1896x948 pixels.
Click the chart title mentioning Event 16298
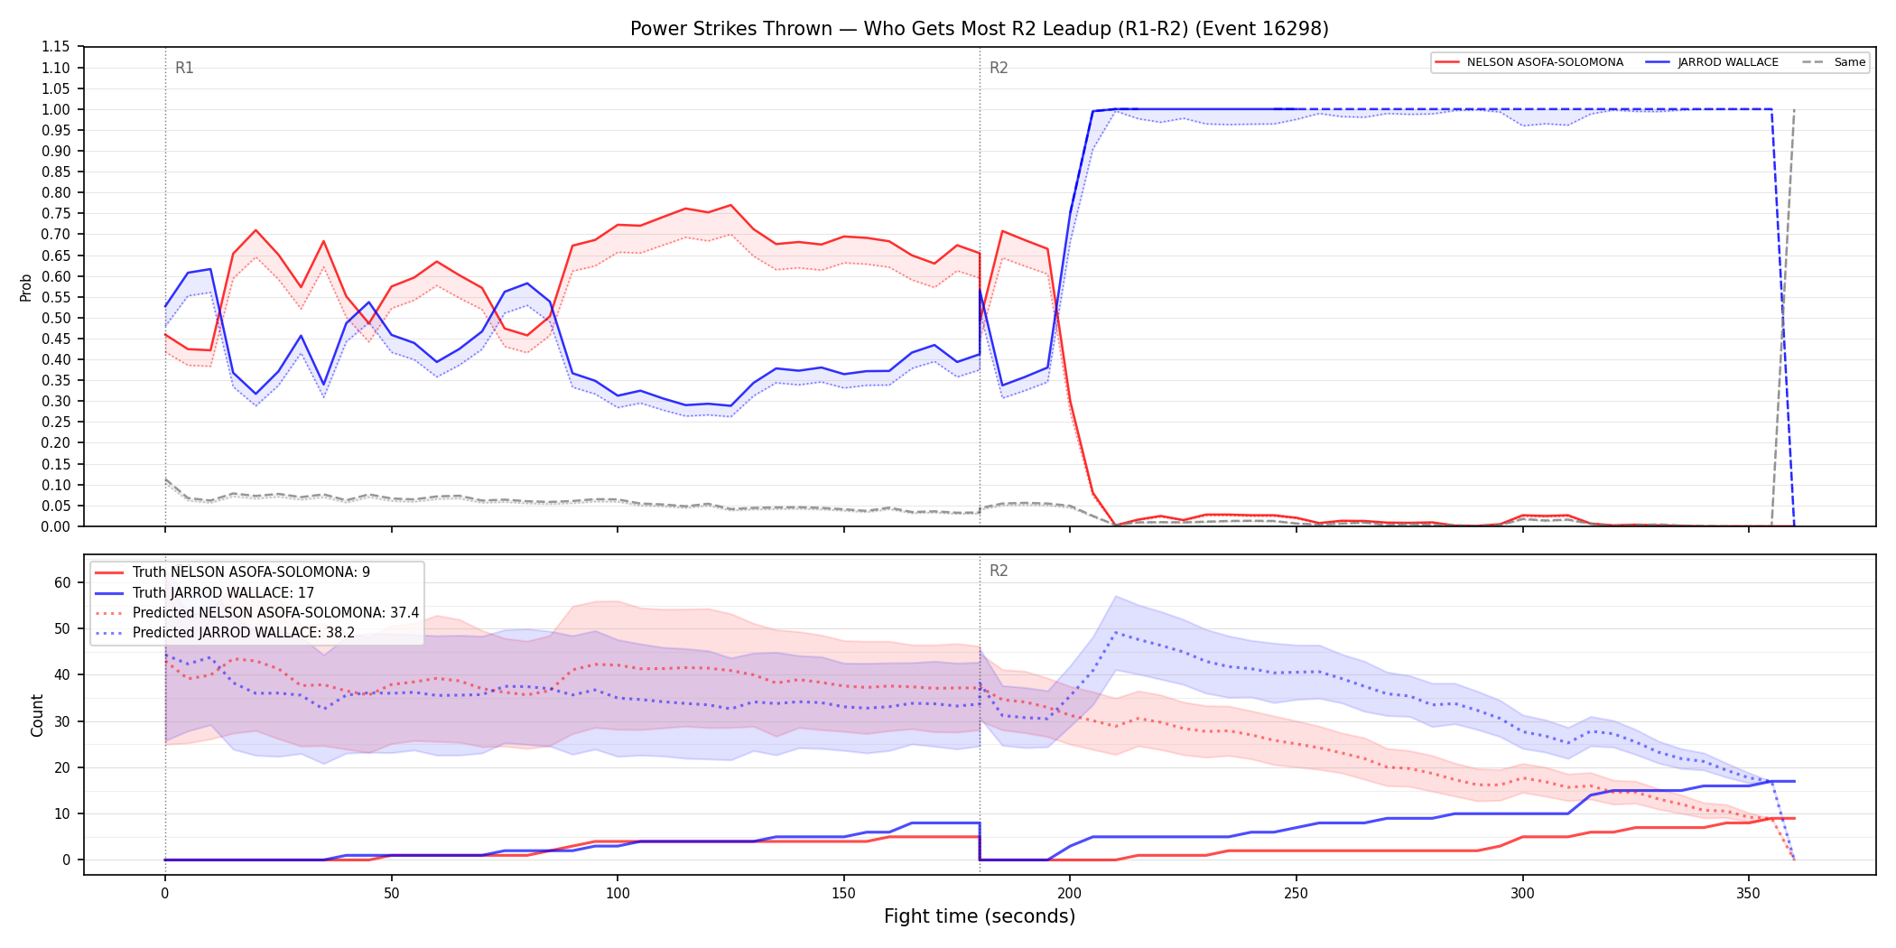[x=980, y=29]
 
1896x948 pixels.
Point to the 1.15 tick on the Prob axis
[x=55, y=47]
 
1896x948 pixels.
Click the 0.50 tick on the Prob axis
[x=55, y=318]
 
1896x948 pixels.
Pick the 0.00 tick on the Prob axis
[x=55, y=526]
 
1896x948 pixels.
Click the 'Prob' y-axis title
[x=26, y=287]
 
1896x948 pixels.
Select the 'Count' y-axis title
[x=37, y=715]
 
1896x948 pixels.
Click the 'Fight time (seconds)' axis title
[x=980, y=916]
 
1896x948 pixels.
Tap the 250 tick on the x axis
[x=1297, y=894]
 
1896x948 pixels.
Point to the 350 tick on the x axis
[x=1749, y=894]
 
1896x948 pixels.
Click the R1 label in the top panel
[x=184, y=68]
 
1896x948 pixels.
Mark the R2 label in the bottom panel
[x=999, y=571]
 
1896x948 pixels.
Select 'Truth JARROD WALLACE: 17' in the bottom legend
[x=223, y=593]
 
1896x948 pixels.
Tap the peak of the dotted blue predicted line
[x=1116, y=632]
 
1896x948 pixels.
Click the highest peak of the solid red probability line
[x=730, y=205]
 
